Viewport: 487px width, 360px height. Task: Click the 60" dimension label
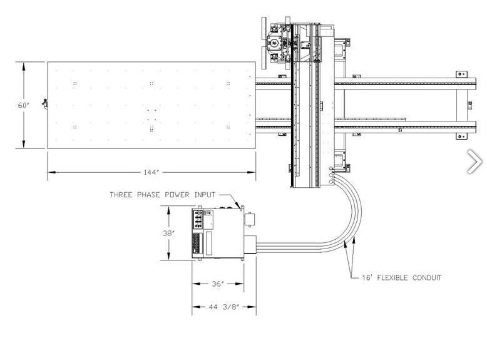click(23, 105)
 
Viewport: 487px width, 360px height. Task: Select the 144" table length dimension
click(151, 172)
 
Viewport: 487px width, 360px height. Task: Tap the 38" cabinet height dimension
click(168, 233)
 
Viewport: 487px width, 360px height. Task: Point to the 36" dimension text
click(218, 284)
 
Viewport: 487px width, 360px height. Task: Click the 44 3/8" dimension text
click(223, 307)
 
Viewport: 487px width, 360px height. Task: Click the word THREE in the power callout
click(121, 195)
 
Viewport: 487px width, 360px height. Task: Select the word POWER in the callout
click(177, 195)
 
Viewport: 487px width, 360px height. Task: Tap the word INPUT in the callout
click(205, 195)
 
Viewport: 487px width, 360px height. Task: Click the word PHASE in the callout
click(148, 195)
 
